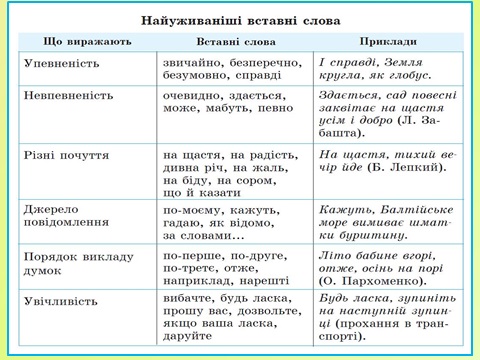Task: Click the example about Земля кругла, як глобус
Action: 383,68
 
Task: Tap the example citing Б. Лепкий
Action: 383,169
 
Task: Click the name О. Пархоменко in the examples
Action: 370,284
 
